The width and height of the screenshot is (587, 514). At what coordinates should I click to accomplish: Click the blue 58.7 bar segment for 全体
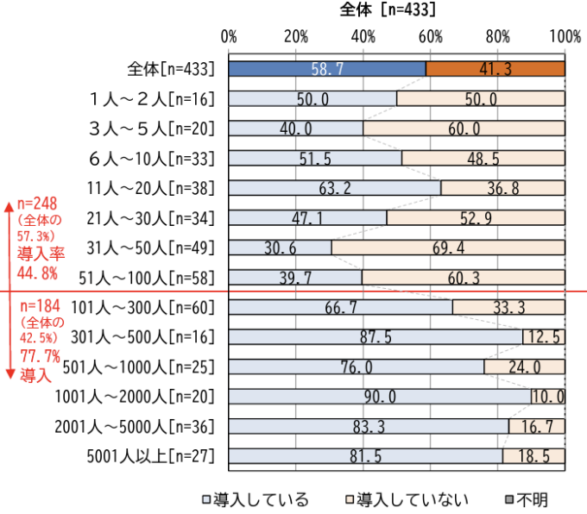(x=327, y=69)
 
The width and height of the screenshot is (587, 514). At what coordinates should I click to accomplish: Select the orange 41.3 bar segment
(x=495, y=69)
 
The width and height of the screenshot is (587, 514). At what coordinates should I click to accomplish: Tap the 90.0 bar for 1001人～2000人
(x=380, y=396)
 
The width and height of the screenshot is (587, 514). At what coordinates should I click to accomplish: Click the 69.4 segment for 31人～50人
(x=448, y=248)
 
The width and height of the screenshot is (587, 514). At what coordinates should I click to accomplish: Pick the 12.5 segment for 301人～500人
(x=544, y=336)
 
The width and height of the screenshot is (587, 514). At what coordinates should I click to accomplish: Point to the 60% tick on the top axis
(x=431, y=36)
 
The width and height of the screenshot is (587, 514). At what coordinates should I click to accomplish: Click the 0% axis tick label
(x=230, y=36)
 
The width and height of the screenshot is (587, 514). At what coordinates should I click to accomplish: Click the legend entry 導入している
(x=254, y=498)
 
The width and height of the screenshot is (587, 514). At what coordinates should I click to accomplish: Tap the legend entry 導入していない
(x=407, y=498)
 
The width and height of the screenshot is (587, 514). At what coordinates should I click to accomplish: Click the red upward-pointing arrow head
(x=8, y=206)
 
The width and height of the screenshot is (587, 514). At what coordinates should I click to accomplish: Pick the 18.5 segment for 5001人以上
(x=533, y=455)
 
